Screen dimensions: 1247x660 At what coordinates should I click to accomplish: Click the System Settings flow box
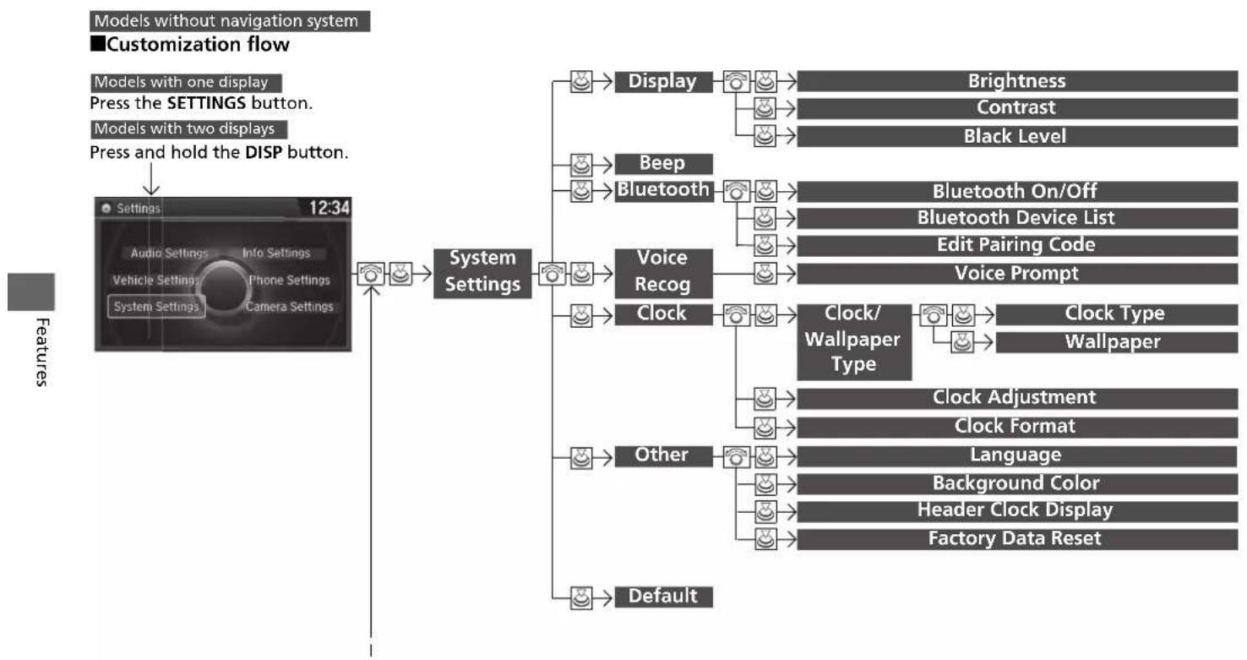point(482,273)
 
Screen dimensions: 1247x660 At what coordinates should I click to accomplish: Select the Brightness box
point(1017,81)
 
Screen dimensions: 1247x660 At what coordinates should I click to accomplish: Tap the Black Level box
point(1017,136)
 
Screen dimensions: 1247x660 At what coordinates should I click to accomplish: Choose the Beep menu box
point(663,164)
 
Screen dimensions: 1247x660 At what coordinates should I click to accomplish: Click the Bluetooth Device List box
point(1017,218)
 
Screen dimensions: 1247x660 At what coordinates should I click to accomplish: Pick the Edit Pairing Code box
point(1017,245)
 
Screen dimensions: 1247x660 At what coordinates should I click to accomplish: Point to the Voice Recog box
point(663,273)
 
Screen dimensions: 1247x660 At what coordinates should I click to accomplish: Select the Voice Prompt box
point(1017,274)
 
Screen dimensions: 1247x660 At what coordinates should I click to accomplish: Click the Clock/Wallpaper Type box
point(854,342)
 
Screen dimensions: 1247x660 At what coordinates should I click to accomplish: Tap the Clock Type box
point(1116,314)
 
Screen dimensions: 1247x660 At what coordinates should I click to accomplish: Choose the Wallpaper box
point(1116,342)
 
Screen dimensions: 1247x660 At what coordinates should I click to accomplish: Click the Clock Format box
point(1017,427)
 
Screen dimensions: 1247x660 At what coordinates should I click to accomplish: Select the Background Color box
point(1017,483)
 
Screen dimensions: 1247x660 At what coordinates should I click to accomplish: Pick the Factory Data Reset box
point(1017,539)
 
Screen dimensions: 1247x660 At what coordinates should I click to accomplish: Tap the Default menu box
point(663,597)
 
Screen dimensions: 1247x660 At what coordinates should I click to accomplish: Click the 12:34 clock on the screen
point(329,208)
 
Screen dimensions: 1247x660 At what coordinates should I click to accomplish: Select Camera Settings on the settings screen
point(289,307)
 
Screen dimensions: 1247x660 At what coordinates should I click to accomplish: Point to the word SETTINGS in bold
point(206,103)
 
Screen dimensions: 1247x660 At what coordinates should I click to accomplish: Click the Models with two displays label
point(188,129)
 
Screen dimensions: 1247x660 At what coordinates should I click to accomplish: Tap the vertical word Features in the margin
point(42,352)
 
